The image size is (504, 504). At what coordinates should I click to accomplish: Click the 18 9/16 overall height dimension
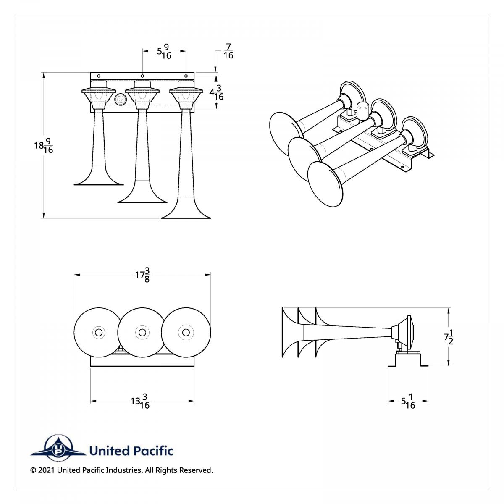44,146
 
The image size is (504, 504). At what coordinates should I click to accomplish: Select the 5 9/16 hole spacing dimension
164,52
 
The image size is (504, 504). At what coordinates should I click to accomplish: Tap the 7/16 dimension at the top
228,51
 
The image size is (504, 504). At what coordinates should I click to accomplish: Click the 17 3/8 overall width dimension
142,275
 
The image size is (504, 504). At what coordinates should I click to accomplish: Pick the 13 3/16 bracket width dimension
140,401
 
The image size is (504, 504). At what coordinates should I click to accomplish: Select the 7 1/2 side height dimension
449,337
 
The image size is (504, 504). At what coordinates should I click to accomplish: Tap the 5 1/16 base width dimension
408,401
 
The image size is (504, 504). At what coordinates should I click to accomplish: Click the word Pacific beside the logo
153,451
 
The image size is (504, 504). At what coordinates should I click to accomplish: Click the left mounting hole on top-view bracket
99,76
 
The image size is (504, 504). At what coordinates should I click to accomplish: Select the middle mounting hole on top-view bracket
142,76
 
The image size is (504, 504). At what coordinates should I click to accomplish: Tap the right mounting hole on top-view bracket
186,76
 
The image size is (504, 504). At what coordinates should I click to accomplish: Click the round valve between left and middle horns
120,99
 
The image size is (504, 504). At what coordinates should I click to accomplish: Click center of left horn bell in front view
99,332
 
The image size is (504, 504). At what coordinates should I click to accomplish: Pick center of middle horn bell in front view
142,332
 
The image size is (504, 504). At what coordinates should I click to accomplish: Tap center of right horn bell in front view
186,332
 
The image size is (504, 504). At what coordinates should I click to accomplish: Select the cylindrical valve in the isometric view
362,110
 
